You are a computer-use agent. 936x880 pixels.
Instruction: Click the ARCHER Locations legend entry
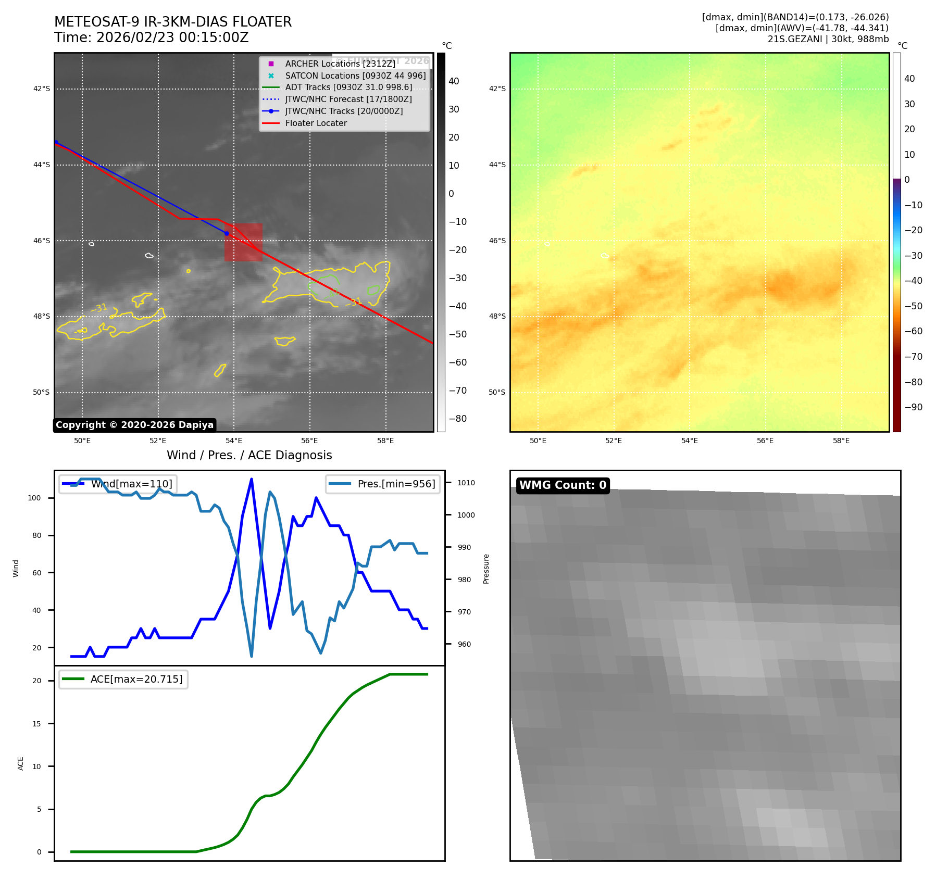340,64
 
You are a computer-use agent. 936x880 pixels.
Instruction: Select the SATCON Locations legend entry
355,76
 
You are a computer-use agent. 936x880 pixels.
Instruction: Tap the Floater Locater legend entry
316,123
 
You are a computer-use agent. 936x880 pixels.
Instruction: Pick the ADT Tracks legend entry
348,87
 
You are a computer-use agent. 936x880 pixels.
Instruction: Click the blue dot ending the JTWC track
227,233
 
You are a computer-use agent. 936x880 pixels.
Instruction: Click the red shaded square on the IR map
243,243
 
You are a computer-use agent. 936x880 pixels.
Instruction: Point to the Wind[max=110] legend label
131,484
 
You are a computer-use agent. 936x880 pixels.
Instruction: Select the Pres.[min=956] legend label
396,484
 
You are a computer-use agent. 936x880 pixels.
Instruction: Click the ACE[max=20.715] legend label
136,679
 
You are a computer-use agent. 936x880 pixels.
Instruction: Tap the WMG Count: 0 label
563,485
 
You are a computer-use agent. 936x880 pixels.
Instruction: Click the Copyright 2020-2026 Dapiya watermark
134,425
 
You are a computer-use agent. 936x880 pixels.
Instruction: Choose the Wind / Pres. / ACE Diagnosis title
249,455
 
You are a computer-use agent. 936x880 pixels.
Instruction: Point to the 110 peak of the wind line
252,479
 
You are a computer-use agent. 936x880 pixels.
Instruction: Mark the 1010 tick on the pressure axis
466,483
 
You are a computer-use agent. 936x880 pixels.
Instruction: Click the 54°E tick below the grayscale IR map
234,441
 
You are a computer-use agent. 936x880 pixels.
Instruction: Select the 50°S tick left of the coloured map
496,393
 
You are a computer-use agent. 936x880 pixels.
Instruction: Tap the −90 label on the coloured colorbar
913,407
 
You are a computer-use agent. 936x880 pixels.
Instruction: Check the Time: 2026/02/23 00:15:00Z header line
151,38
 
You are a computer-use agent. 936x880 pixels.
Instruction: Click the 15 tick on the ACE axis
37,724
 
